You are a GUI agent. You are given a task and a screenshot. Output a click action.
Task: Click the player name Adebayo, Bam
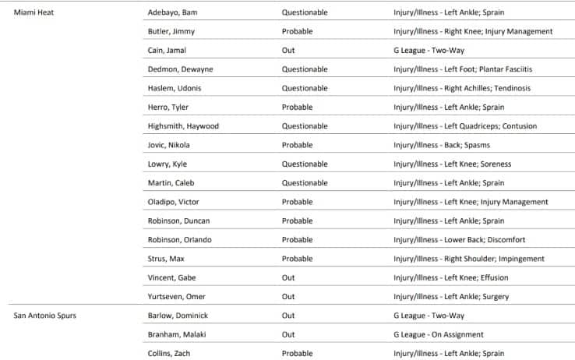point(172,12)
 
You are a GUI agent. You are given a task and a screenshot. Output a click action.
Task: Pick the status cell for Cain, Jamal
point(288,50)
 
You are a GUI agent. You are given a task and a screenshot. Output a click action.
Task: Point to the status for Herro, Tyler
point(298,107)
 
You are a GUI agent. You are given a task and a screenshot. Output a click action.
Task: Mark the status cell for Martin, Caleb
point(305,183)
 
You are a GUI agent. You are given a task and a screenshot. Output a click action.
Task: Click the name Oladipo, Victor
point(173,202)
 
